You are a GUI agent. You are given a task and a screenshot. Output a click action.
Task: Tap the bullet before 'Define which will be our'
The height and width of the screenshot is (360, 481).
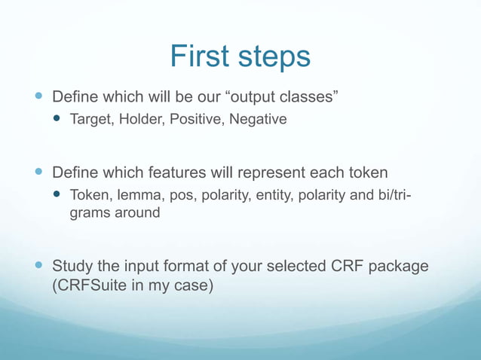coord(38,98)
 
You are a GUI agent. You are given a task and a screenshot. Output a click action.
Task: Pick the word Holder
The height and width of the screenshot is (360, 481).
coord(139,120)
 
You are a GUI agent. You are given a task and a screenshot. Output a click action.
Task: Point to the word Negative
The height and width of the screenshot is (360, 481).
coord(258,120)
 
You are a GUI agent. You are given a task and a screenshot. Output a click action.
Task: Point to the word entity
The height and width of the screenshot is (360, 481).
coord(277,196)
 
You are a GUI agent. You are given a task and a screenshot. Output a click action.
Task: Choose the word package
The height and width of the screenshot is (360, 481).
coord(397,267)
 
